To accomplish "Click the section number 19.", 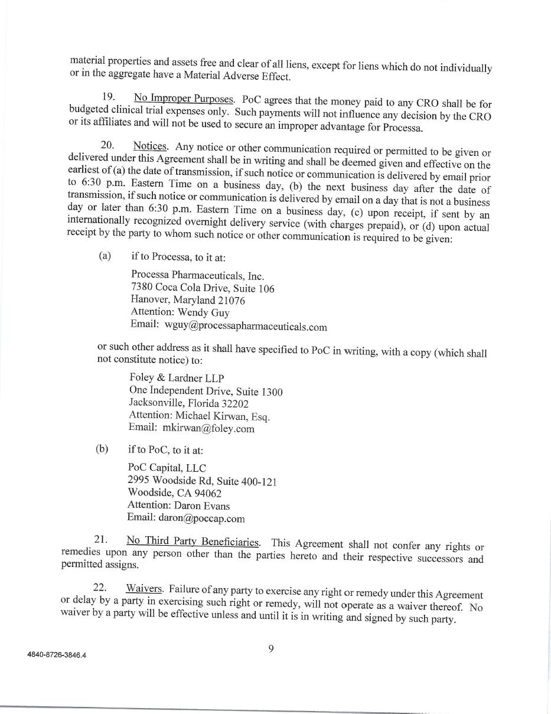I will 108,96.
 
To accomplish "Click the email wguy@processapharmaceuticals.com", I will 246,326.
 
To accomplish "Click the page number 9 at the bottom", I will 271,648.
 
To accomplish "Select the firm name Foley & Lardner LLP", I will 177,378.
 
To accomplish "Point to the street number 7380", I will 142,288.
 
